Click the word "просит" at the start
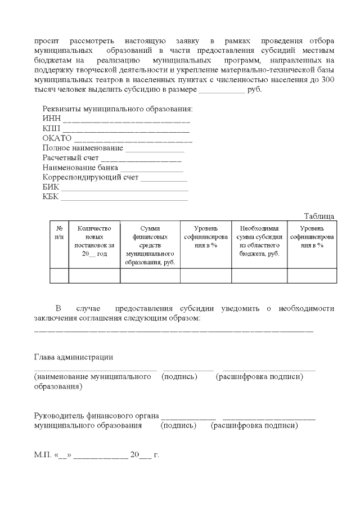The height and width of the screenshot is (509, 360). point(46,42)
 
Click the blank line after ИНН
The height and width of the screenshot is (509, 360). point(127,119)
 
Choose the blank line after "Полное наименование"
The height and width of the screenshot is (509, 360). point(155,148)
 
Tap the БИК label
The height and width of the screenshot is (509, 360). point(51,187)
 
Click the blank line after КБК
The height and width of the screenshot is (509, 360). point(124,197)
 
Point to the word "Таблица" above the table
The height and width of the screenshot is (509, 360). point(319,216)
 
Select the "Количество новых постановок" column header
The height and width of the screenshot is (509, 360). point(94,241)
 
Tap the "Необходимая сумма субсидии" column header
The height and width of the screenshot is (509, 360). point(259,241)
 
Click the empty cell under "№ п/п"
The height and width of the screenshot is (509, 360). point(59,276)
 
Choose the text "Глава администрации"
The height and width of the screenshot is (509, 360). point(73,357)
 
